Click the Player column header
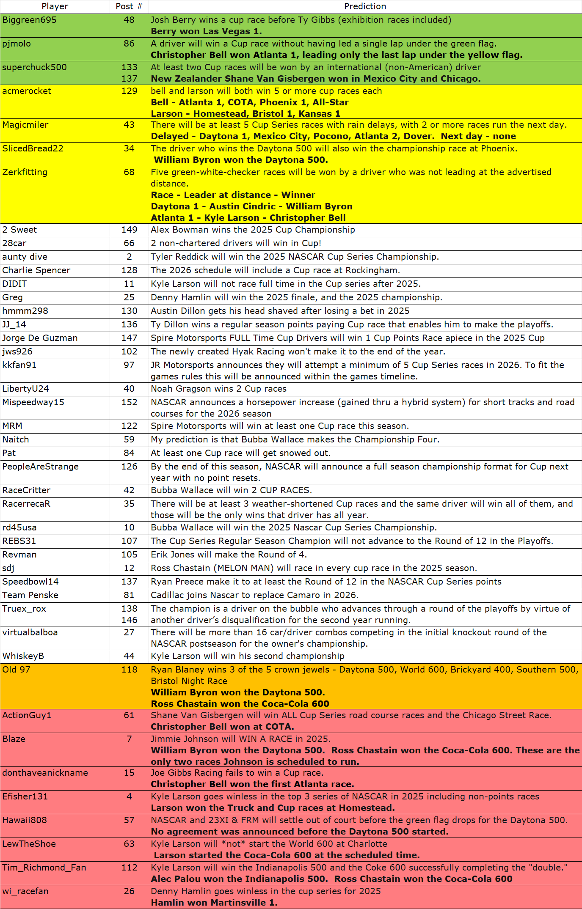click(55, 6)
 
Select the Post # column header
click(129, 6)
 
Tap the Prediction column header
click(365, 6)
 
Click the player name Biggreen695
click(30, 20)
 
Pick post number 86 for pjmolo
click(129, 44)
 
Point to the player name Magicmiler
click(25, 125)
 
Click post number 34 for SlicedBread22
click(129, 148)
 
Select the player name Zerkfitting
click(25, 172)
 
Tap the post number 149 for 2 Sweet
click(129, 230)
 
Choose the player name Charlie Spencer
click(36, 270)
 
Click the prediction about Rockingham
click(275, 270)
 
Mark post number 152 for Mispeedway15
click(129, 402)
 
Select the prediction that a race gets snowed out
click(240, 453)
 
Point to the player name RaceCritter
click(26, 490)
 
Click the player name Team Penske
click(30, 595)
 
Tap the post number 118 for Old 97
click(129, 670)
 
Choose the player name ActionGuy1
click(27, 715)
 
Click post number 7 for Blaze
click(129, 739)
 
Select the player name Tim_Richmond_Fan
click(44, 868)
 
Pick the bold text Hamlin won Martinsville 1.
click(214, 903)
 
